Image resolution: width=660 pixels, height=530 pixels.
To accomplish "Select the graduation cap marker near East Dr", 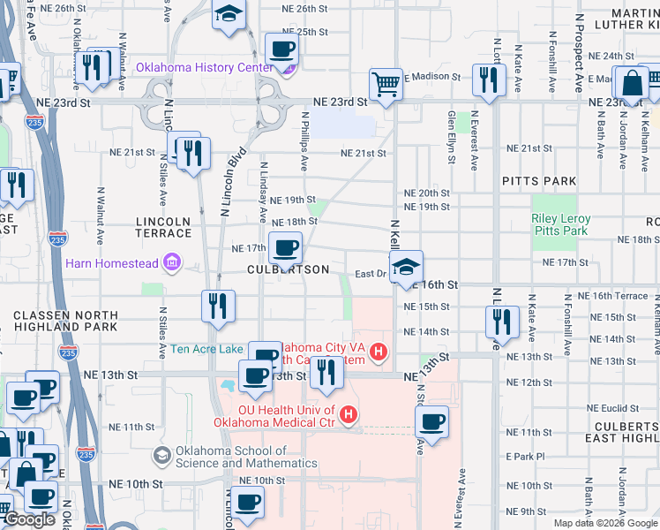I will (x=406, y=268).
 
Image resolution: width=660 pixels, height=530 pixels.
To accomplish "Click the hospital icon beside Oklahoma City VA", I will (x=379, y=353).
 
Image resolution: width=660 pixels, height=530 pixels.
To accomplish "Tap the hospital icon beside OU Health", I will (x=349, y=413).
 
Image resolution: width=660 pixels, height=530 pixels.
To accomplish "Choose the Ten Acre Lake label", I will (x=206, y=349).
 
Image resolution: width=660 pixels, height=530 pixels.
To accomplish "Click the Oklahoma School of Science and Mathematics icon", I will (x=161, y=456).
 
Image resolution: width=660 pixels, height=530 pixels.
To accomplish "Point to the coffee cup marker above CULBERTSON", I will (x=285, y=249).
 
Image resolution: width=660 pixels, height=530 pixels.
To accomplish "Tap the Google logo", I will (x=30, y=520).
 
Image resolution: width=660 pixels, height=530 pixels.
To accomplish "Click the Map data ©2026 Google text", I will (x=604, y=523).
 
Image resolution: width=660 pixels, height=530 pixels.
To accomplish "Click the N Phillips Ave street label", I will (x=304, y=140).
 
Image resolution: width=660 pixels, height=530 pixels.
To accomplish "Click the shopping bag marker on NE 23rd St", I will (x=632, y=85).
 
